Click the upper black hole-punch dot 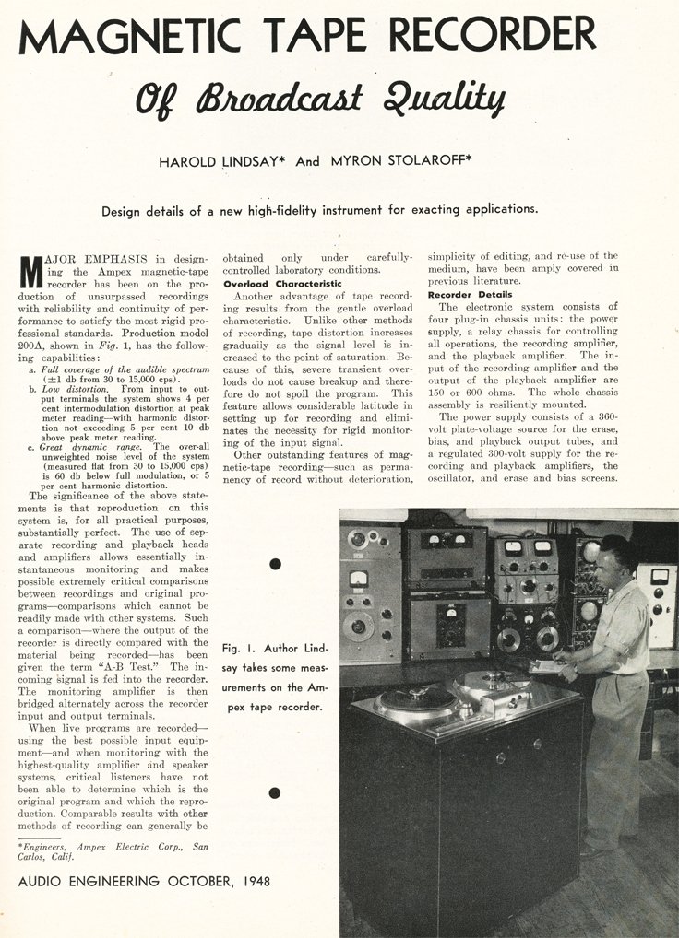coord(275,563)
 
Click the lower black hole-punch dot coord(275,792)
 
